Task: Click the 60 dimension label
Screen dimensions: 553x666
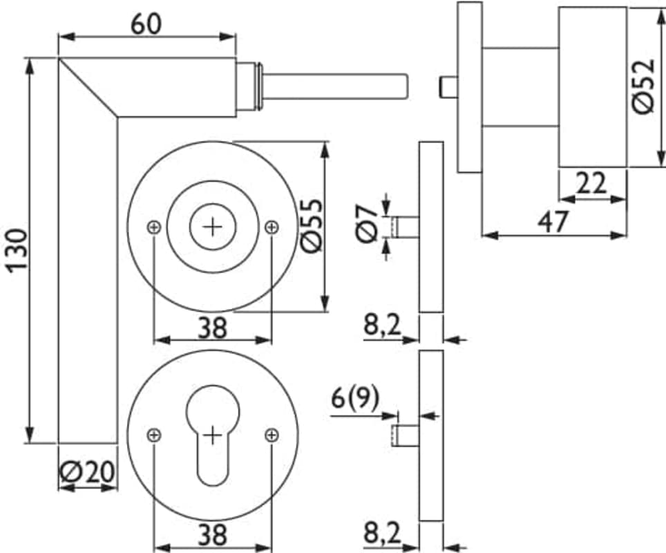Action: (146, 24)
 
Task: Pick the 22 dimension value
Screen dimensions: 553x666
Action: (591, 184)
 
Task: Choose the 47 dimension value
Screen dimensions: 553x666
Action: (555, 221)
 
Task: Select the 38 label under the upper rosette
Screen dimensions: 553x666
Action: (212, 327)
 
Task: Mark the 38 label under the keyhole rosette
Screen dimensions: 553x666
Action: (212, 534)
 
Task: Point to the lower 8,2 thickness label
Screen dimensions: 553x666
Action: (383, 534)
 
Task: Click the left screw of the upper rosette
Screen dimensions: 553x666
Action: (154, 227)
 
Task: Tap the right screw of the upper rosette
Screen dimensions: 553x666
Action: (272, 227)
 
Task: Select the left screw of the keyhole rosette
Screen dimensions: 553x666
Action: (154, 434)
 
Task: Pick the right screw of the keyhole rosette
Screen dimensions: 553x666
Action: (272, 434)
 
